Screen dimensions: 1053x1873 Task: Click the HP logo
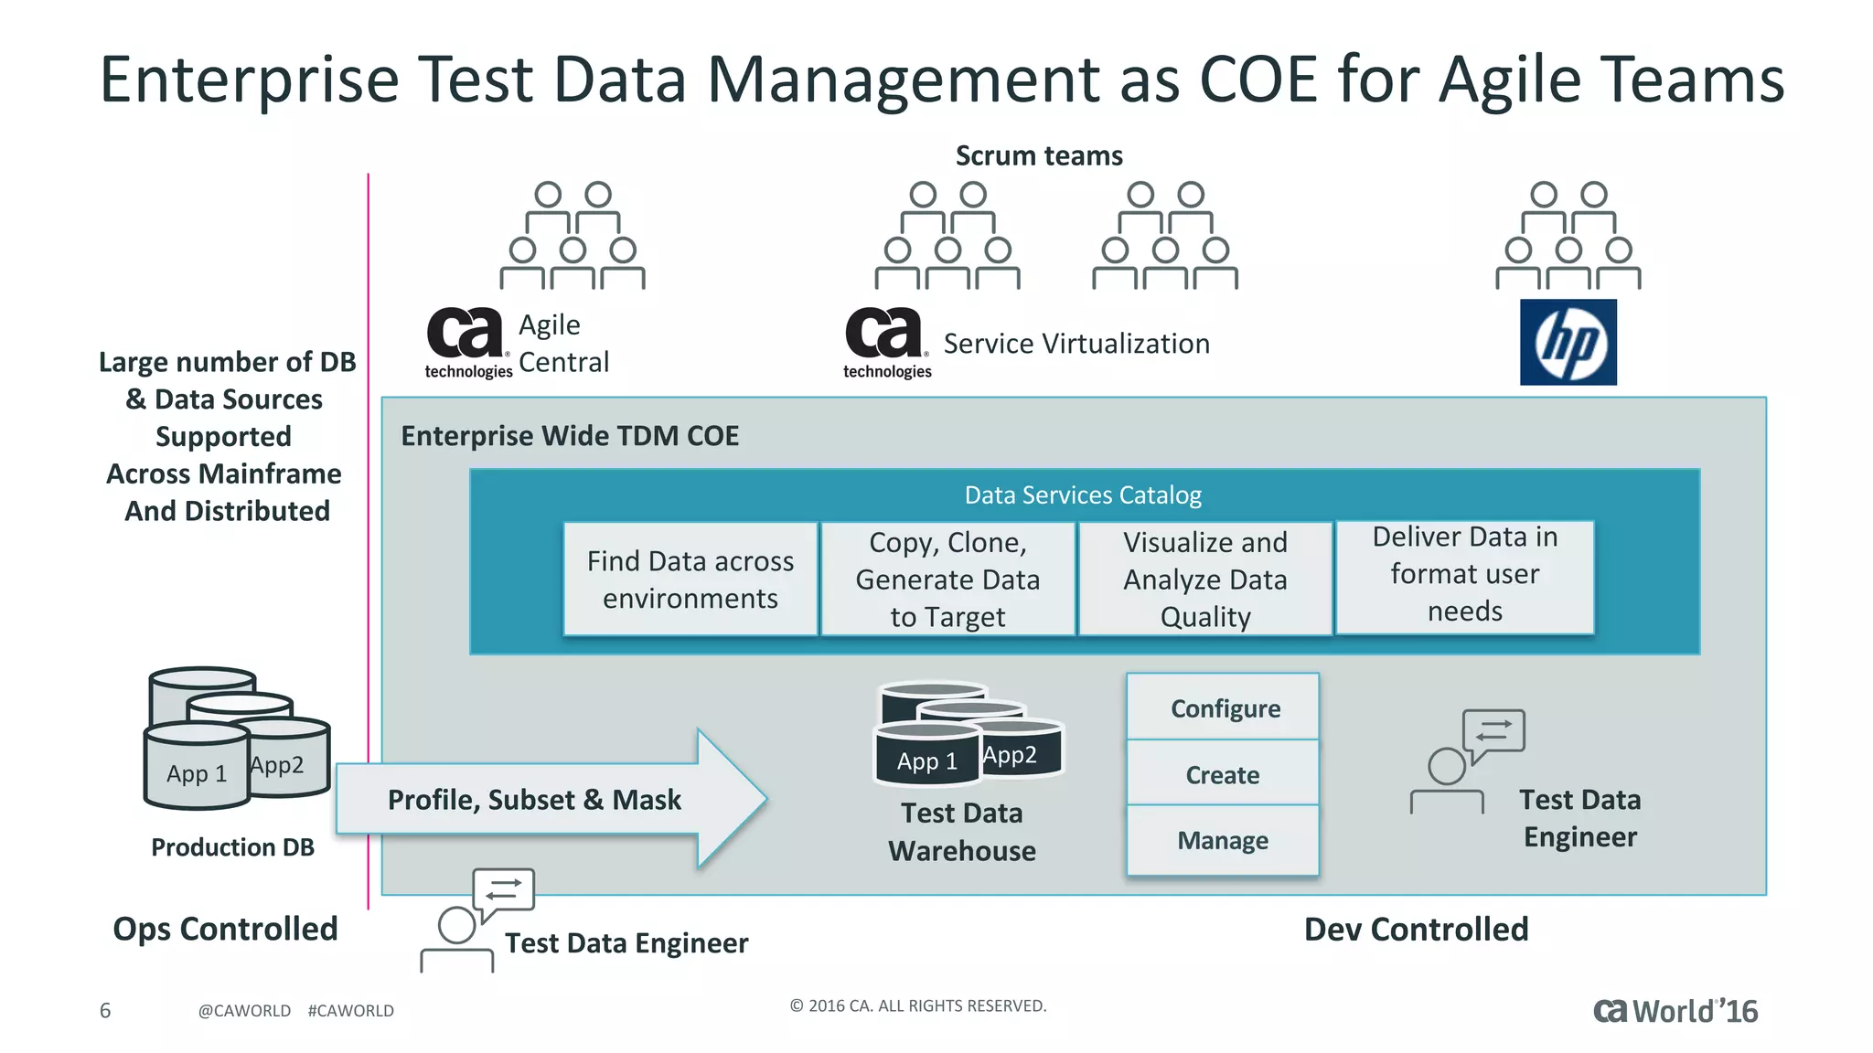[1568, 342]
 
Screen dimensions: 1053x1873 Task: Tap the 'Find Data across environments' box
[690, 579]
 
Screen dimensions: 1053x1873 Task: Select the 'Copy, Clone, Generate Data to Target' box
[947, 579]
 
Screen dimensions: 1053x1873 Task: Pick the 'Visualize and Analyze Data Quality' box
[1204, 579]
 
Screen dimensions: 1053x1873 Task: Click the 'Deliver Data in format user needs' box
[1464, 576]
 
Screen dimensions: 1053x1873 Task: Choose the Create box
[1222, 774]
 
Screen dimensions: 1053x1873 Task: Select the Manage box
[1222, 840]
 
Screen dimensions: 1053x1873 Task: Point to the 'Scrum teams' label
[1038, 155]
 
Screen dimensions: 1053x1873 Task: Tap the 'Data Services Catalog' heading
[1083, 495]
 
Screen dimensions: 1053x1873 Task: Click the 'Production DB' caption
[232, 847]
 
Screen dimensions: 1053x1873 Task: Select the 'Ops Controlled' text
[225, 929]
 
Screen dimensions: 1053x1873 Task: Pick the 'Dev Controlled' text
[1416, 929]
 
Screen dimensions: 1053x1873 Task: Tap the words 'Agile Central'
[562, 343]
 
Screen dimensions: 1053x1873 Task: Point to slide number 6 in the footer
[105, 1010]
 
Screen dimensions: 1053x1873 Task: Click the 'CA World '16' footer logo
[1675, 1011]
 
